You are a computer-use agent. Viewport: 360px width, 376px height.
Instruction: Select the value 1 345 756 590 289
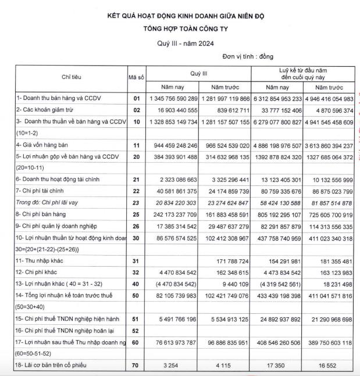[x=173, y=98]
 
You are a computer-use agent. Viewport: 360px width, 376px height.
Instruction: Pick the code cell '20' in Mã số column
[x=136, y=157]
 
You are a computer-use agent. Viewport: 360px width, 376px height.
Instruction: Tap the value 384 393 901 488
[x=173, y=157]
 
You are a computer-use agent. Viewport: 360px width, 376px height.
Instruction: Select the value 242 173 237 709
[x=173, y=214]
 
